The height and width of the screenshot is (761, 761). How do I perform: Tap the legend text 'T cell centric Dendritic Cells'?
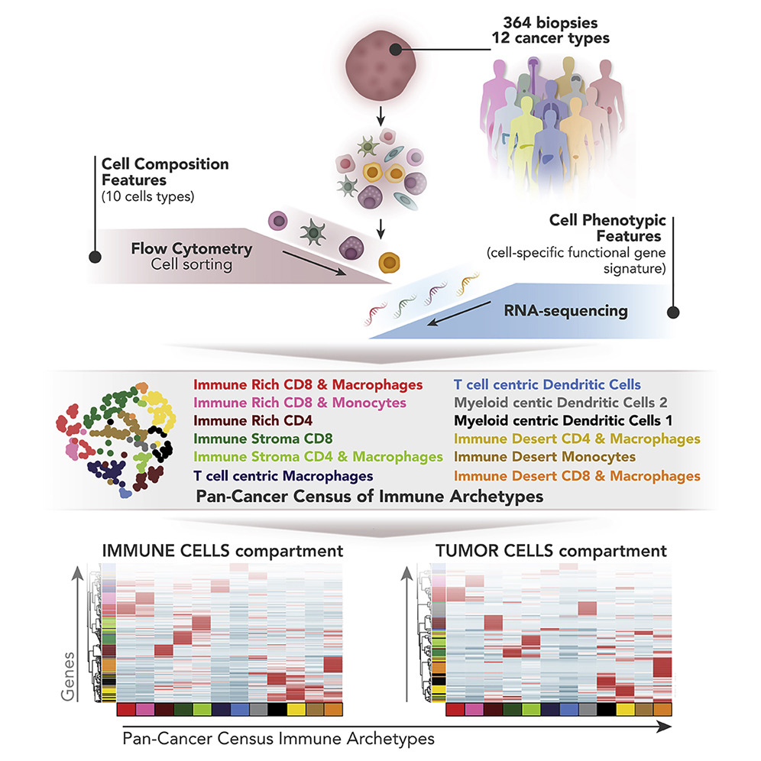coord(546,385)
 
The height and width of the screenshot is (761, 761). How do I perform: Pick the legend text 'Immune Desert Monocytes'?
coord(544,457)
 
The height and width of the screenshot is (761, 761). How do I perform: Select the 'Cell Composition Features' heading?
coord(164,172)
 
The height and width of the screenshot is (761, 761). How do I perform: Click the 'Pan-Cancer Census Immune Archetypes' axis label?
coord(278,739)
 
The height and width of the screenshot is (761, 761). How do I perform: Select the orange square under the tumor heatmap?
coord(662,710)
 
